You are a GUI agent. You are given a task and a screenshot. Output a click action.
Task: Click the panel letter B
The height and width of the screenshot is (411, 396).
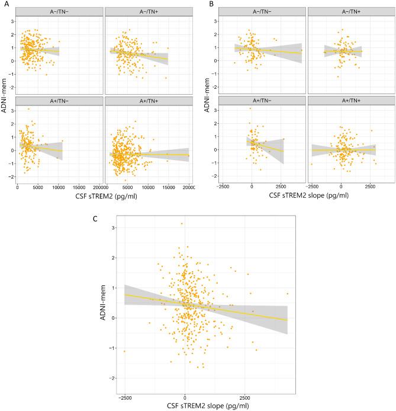click(x=205, y=4)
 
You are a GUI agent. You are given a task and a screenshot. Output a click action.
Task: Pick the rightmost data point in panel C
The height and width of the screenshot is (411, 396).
click(x=287, y=293)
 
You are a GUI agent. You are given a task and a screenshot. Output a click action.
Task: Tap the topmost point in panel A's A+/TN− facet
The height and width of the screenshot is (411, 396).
click(x=28, y=109)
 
